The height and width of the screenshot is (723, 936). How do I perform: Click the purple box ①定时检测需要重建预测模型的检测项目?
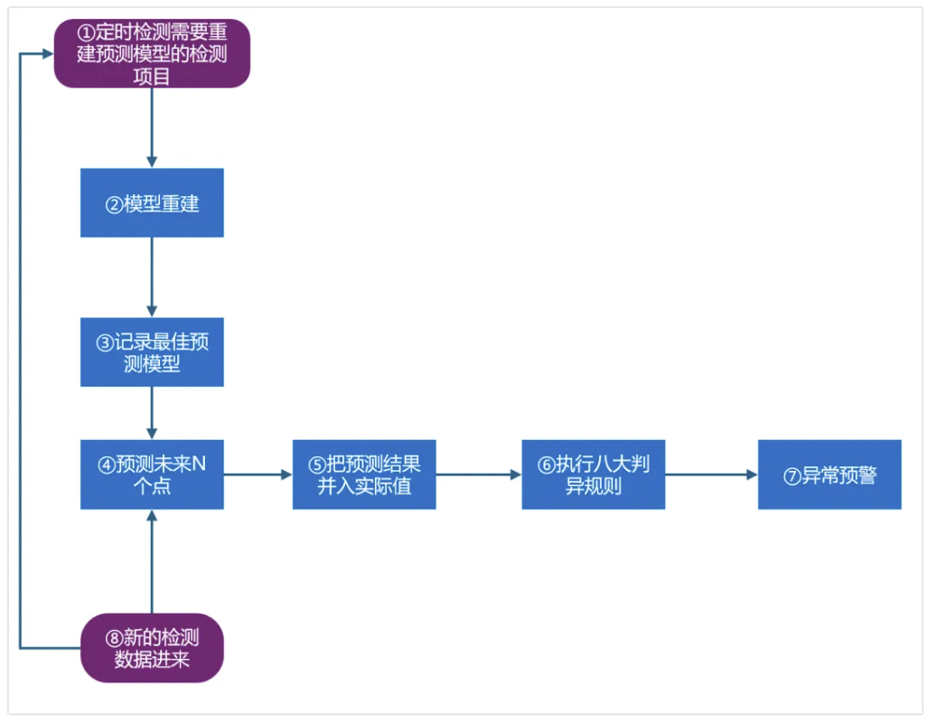click(152, 53)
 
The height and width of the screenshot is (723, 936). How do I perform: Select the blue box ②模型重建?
click(152, 203)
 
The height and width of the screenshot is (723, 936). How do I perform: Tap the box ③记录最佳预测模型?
click(152, 352)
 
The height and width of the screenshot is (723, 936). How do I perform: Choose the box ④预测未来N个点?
click(152, 474)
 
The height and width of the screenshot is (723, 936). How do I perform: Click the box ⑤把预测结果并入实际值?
click(364, 474)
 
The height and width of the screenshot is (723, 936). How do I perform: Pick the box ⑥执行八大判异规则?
click(594, 474)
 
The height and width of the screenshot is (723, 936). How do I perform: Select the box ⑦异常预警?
click(829, 474)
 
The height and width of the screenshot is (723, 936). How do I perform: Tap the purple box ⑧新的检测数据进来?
click(152, 648)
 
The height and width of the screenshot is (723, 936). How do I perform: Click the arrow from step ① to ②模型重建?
click(152, 127)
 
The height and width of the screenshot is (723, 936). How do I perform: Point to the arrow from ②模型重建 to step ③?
click(152, 277)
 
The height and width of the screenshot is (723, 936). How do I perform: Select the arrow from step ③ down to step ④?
click(152, 413)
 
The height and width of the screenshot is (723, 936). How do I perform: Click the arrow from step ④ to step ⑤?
click(257, 474)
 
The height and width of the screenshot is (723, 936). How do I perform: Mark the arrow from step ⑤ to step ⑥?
click(479, 474)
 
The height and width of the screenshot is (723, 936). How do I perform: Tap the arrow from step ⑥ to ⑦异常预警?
click(711, 474)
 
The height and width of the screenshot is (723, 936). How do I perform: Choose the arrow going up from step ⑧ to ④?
click(152, 561)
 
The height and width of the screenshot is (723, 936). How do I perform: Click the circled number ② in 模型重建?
click(114, 204)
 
